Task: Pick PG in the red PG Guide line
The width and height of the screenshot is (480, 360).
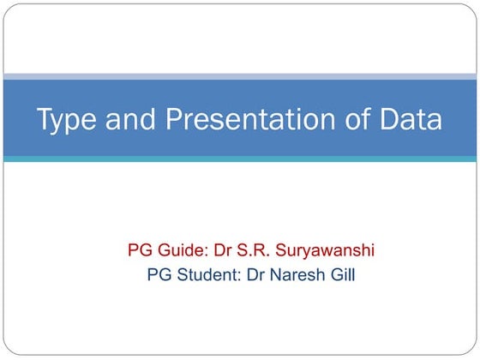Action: pyautogui.click(x=140, y=251)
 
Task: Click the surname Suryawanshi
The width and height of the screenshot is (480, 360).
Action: pyautogui.click(x=328, y=252)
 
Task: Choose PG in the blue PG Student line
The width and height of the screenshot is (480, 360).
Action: pyautogui.click(x=159, y=275)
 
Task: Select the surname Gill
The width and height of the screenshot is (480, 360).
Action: pyautogui.click(x=343, y=275)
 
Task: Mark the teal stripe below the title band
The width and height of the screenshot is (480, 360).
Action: pyautogui.click(x=240, y=159)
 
